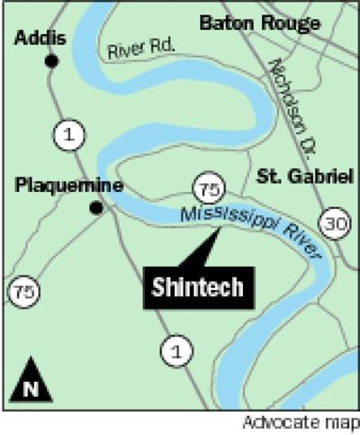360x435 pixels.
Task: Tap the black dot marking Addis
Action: [x=52, y=61]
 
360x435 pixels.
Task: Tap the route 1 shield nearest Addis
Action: [x=64, y=134]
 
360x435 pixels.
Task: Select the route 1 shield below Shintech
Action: [x=175, y=348]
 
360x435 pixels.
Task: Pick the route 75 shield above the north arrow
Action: [x=22, y=291]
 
